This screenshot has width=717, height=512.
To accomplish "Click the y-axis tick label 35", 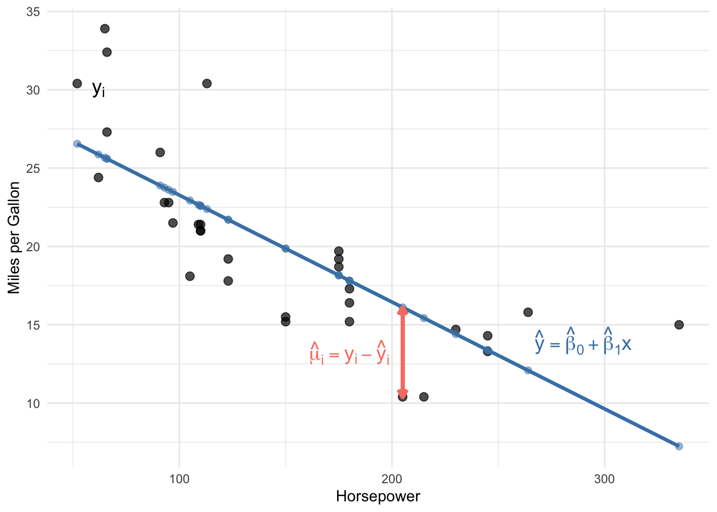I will click(33, 12).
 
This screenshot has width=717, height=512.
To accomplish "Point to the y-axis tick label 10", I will click(33, 404).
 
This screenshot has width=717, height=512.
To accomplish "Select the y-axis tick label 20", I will click(33, 247).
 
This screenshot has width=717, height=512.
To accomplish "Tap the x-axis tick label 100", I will click(179, 479).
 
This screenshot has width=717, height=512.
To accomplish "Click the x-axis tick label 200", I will click(392, 479).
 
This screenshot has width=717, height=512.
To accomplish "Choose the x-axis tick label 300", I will click(604, 479).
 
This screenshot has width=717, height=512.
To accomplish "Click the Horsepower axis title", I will click(378, 497).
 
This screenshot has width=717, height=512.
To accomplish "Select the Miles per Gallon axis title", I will click(14, 238).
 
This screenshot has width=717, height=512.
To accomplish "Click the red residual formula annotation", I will click(349, 353).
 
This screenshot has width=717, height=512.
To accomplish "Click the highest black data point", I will click(105, 29).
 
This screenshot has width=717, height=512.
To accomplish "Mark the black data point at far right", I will click(679, 325).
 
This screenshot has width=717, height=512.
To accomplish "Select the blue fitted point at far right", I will click(679, 446).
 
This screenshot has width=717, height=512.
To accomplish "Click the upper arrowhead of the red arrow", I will click(403, 310).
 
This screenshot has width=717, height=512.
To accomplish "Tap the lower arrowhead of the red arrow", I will click(403, 393).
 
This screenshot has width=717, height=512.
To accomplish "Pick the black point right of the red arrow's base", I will click(424, 397).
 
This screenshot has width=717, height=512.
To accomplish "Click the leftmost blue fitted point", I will click(77, 144).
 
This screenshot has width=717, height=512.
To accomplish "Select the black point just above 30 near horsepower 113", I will click(207, 83).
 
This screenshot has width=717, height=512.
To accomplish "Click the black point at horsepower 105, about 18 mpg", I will click(190, 276).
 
